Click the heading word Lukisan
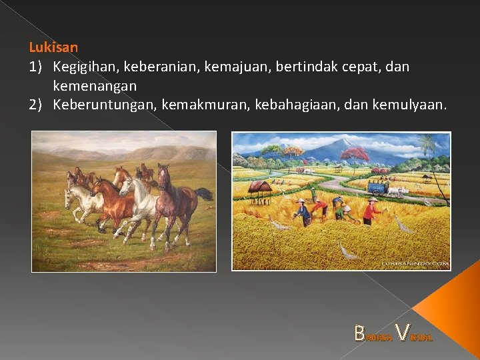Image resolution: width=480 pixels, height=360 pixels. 53,47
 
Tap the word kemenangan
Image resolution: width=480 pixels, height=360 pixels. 95,86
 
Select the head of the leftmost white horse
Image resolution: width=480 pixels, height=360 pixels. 69,199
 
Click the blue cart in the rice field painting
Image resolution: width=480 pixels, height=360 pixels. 378,189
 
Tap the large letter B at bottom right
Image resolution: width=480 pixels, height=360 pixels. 360,333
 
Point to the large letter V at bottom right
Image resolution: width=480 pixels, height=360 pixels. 403,332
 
